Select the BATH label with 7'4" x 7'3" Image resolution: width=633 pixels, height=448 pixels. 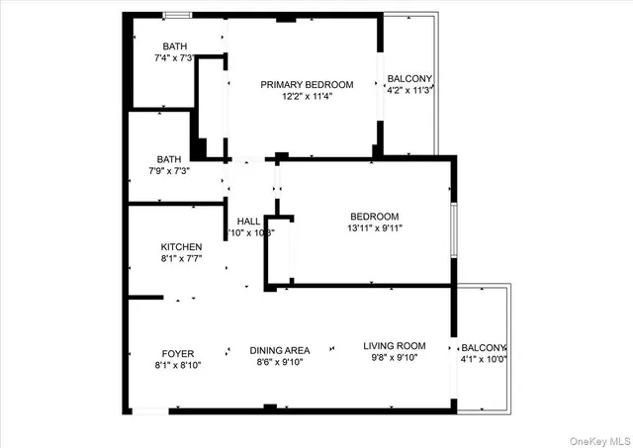[x=175, y=46]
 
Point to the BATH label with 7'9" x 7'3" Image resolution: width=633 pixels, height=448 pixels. [x=168, y=158]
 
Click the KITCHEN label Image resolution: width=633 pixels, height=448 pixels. [x=182, y=247]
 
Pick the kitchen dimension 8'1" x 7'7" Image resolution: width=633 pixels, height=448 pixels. [x=182, y=259]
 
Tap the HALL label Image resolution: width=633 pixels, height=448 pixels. [x=248, y=221]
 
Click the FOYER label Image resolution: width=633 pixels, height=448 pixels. [x=178, y=353]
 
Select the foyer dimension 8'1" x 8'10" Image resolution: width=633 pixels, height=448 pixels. [x=178, y=365]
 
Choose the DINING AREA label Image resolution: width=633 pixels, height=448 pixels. [x=279, y=350]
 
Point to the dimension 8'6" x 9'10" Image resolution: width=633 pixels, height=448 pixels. [x=279, y=362]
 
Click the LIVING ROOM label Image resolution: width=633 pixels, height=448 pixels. [x=394, y=346]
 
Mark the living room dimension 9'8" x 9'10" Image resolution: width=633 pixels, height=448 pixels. [x=394, y=358]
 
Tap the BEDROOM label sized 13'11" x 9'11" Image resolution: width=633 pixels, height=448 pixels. [x=374, y=217]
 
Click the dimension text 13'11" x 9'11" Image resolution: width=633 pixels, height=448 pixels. [x=374, y=228]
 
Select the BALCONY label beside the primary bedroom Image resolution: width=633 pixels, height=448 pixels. [x=408, y=79]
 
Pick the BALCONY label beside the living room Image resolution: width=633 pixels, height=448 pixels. [x=484, y=348]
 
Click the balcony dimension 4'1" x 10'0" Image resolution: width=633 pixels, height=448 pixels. [x=484, y=360]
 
